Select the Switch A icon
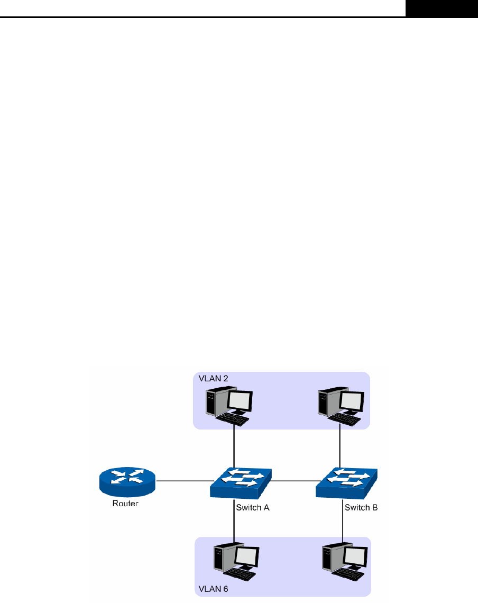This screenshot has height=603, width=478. coord(241,482)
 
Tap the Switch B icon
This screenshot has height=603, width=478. coord(347,482)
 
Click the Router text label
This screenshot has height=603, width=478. coord(125,504)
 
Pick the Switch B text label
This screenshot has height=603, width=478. coord(361,508)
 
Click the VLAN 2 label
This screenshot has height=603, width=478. coord(214,379)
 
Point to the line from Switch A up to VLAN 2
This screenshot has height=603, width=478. coord(234,447)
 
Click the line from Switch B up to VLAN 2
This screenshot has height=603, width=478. coord(339,447)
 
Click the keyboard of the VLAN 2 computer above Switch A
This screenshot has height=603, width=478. coord(233,419)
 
